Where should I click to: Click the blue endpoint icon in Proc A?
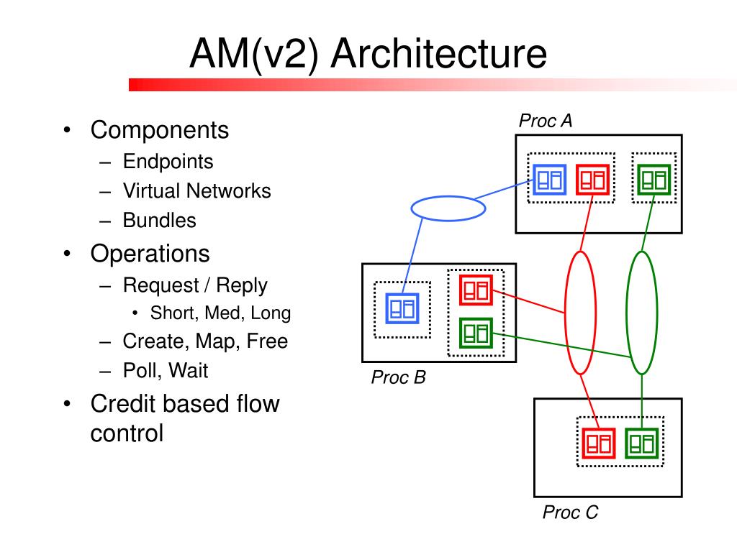pyautogui.click(x=549, y=179)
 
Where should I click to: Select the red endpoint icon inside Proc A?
pyautogui.click(x=593, y=179)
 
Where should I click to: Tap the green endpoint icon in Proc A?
pyautogui.click(x=654, y=179)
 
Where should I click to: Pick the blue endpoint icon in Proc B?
pyautogui.click(x=402, y=308)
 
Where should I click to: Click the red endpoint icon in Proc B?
pyautogui.click(x=476, y=290)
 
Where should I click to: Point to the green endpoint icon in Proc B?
pyautogui.click(x=476, y=333)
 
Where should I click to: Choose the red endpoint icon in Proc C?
pyautogui.click(x=599, y=443)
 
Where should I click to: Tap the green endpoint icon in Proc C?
pyautogui.click(x=642, y=443)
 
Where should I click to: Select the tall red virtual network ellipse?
pyautogui.click(x=565, y=313)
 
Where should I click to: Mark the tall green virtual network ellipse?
pyautogui.click(x=627, y=313)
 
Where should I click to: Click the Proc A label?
pyautogui.click(x=546, y=121)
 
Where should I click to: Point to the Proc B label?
pyautogui.click(x=398, y=377)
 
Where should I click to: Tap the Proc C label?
pyautogui.click(x=570, y=512)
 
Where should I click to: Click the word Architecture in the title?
pyautogui.click(x=439, y=53)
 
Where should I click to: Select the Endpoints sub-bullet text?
pyautogui.click(x=168, y=162)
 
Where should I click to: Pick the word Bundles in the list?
pyautogui.click(x=159, y=221)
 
